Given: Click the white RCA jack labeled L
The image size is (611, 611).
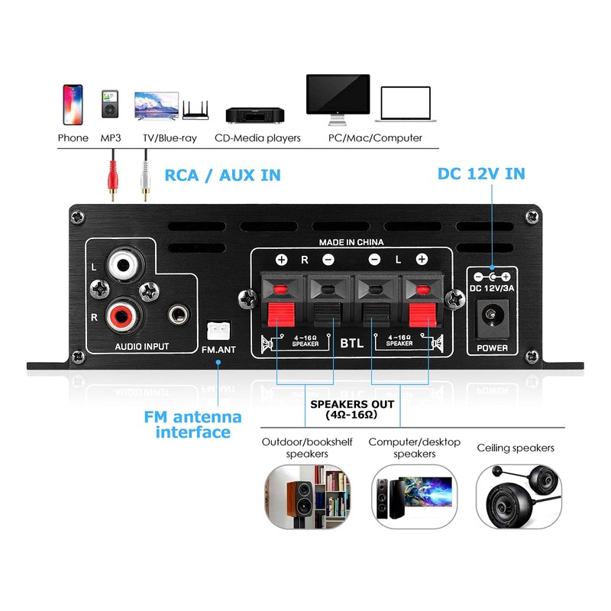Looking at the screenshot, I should pos(122,266).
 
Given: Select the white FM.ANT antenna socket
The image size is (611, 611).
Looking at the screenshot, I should pos(218,330).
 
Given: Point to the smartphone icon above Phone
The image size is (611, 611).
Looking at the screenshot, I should pos(73,105).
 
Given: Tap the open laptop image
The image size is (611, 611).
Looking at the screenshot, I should pos(406,105).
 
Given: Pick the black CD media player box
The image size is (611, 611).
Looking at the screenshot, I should pos(255,115).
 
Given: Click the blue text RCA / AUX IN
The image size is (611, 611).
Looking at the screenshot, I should pos(222,176).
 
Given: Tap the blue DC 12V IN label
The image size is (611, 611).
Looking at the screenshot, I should pos(481,173).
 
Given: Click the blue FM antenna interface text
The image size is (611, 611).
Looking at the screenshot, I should pos(192,425).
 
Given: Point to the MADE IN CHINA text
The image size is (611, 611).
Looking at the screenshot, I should pos(351,242).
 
